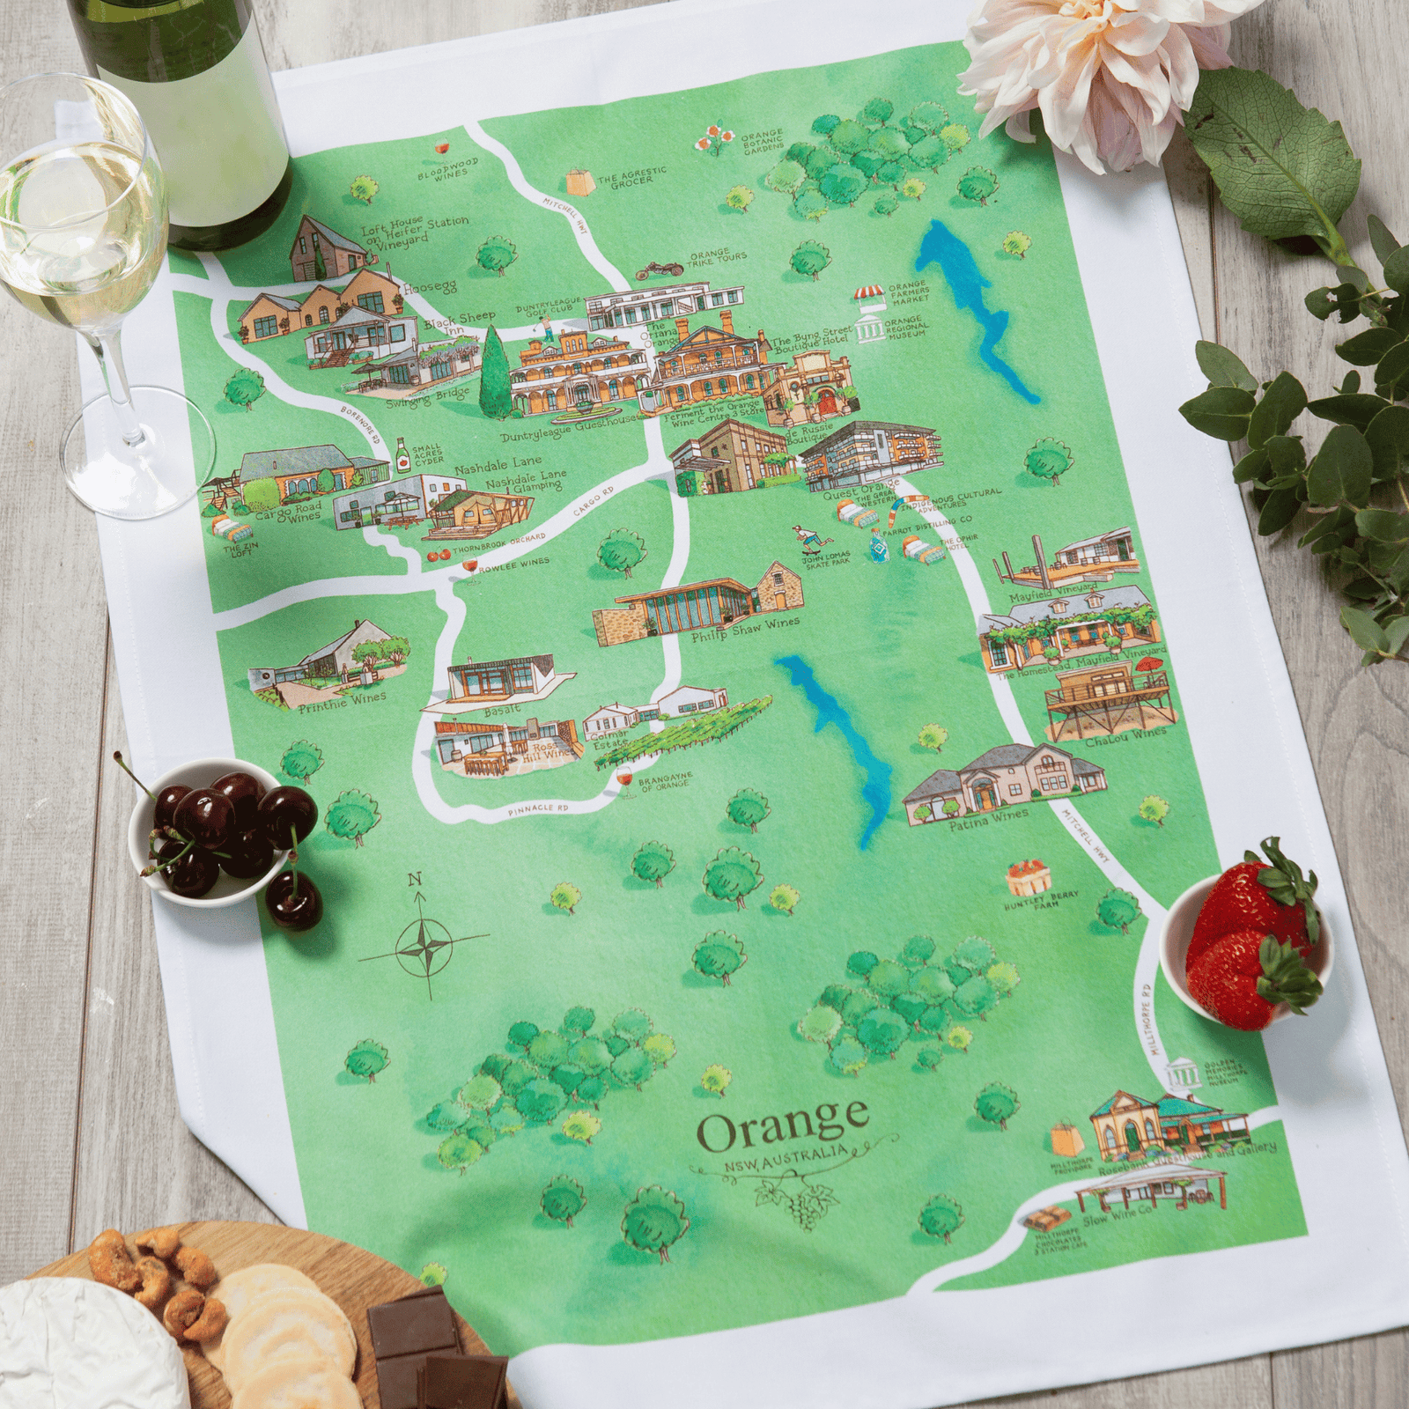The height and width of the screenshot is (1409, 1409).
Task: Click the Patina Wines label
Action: (x=988, y=816)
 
